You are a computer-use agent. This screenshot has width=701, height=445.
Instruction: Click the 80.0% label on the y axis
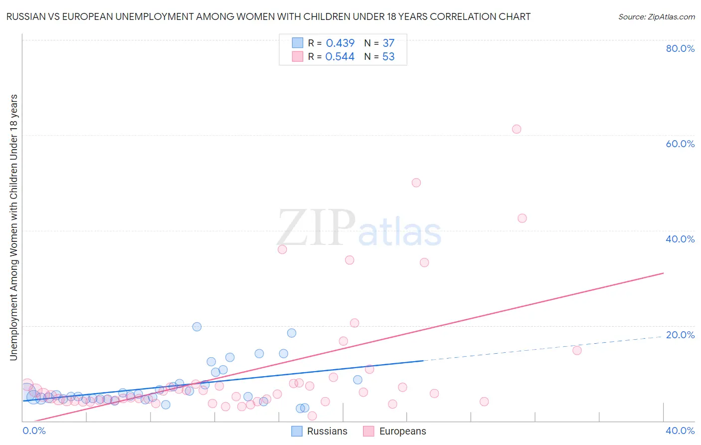coord(680,48)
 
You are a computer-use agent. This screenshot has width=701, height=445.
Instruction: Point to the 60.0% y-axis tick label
coord(680,144)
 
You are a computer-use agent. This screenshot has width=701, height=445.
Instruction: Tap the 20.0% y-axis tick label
coord(680,335)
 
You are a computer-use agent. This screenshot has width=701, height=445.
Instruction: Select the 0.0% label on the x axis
coord(34,431)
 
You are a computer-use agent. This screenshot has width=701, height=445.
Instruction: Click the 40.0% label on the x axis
coord(680,431)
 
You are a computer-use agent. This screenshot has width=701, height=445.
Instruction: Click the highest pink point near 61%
coord(517,129)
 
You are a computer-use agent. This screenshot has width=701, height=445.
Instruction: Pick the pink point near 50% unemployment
coord(416,183)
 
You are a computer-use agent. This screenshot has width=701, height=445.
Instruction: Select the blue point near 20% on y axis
coord(197,327)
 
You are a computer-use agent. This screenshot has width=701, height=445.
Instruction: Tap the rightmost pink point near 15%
coord(577,350)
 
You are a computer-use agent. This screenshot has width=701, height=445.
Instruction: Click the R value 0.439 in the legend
coord(340,43)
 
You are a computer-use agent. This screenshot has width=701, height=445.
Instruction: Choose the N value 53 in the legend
coord(388,57)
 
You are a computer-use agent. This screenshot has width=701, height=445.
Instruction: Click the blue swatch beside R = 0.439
coord(298,43)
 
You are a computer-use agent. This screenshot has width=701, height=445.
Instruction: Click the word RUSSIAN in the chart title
coord(24,17)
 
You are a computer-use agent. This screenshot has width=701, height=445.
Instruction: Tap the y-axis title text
coord(13,227)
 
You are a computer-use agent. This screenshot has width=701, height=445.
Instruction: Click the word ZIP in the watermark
coord(316,228)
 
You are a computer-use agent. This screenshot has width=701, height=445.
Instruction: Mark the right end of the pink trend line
coord(663,273)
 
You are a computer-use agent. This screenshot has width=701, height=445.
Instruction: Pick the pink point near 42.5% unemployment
coord(522,218)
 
